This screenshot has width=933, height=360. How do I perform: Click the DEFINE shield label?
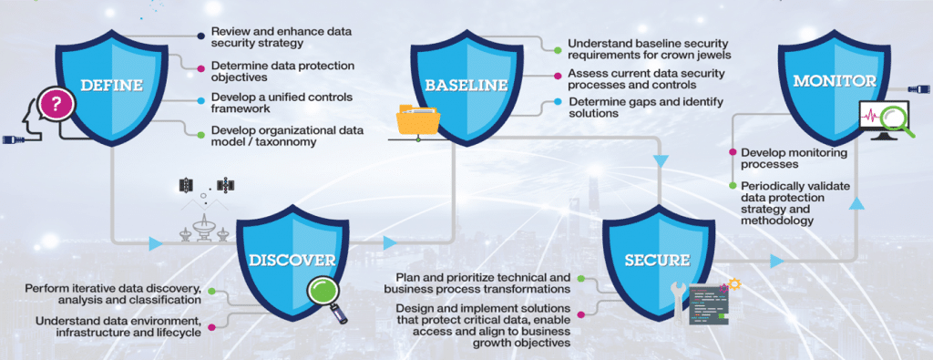[x=112, y=86]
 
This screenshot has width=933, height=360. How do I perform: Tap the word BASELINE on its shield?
[x=465, y=86]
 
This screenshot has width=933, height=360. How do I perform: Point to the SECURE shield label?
[x=656, y=261]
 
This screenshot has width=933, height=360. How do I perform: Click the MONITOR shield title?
[x=834, y=81]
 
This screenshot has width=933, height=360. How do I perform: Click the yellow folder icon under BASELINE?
[x=417, y=121]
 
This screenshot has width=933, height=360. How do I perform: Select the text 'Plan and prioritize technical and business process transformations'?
[x=483, y=283]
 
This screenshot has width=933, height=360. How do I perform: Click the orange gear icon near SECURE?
[x=734, y=285]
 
